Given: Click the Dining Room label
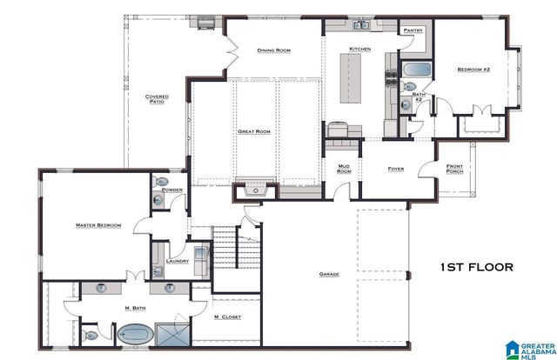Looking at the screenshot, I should (273, 50).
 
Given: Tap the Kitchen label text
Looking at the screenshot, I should (360, 48).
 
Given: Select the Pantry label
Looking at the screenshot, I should (413, 30).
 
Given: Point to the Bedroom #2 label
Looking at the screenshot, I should (474, 69).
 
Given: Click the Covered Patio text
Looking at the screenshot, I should (157, 99).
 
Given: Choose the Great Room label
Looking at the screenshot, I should (254, 131).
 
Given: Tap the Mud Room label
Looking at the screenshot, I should (344, 169).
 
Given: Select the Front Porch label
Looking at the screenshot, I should (454, 169).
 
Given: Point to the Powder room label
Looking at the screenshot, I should (171, 189).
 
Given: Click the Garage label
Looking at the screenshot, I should (329, 274).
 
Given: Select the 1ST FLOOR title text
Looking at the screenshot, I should (476, 267).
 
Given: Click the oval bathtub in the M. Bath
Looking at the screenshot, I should (135, 332).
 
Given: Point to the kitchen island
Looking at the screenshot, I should (350, 77).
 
